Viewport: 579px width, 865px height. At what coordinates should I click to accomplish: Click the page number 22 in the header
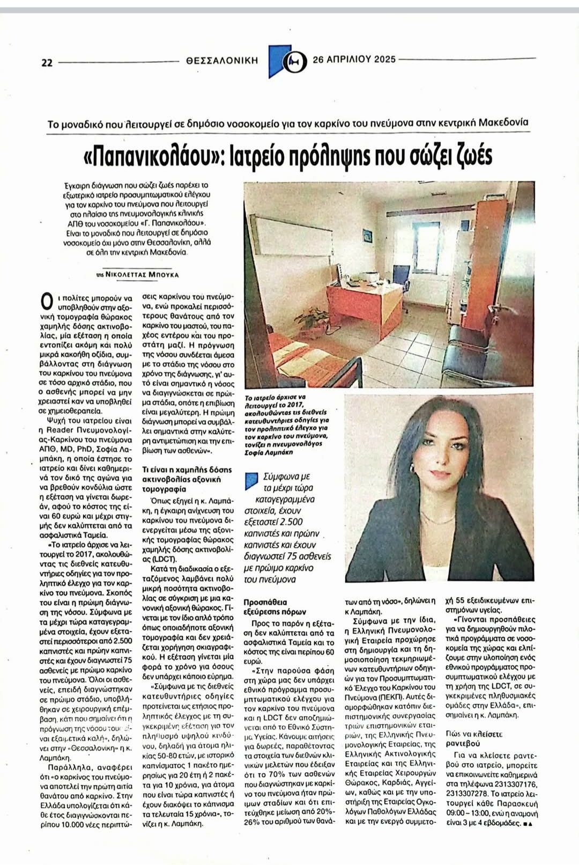47,62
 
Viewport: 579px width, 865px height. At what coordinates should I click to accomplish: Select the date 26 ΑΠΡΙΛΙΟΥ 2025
354,59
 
